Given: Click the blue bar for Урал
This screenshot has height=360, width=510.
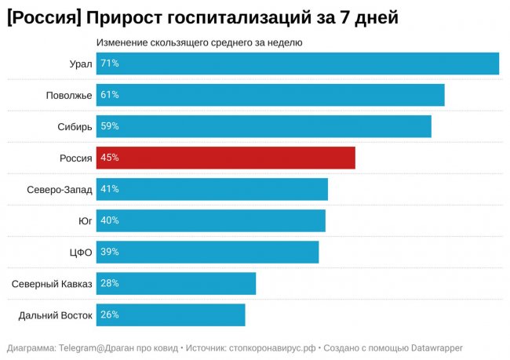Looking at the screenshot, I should (x=298, y=64).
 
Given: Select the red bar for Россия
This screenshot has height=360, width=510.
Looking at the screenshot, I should (x=226, y=158).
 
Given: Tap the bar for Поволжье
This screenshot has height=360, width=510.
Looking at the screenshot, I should (x=271, y=95).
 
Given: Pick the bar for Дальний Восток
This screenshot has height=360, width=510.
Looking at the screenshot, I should (x=171, y=315).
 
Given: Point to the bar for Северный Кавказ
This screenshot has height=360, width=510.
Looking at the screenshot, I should (x=177, y=283).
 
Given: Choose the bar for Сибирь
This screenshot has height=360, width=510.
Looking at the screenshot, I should (x=264, y=126).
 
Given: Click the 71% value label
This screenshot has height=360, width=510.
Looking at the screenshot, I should (x=110, y=64).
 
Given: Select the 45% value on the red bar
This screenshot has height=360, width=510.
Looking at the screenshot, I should (x=110, y=158).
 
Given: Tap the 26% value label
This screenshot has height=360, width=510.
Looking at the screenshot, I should (x=110, y=315).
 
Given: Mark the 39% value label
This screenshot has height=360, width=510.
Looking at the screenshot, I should (x=110, y=252).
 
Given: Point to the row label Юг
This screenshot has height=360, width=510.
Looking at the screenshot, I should (x=86, y=220).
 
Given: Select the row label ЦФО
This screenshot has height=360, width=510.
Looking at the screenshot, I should (x=82, y=252).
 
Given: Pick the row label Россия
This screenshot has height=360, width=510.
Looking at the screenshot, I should (x=76, y=158).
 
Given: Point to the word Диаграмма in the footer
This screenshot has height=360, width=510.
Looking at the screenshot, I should (x=31, y=347).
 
